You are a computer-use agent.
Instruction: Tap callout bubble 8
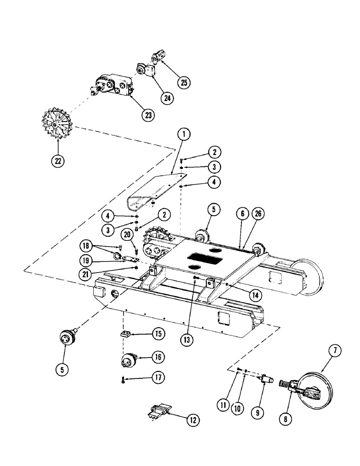[286, 418]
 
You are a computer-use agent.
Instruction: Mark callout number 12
[192, 419]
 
